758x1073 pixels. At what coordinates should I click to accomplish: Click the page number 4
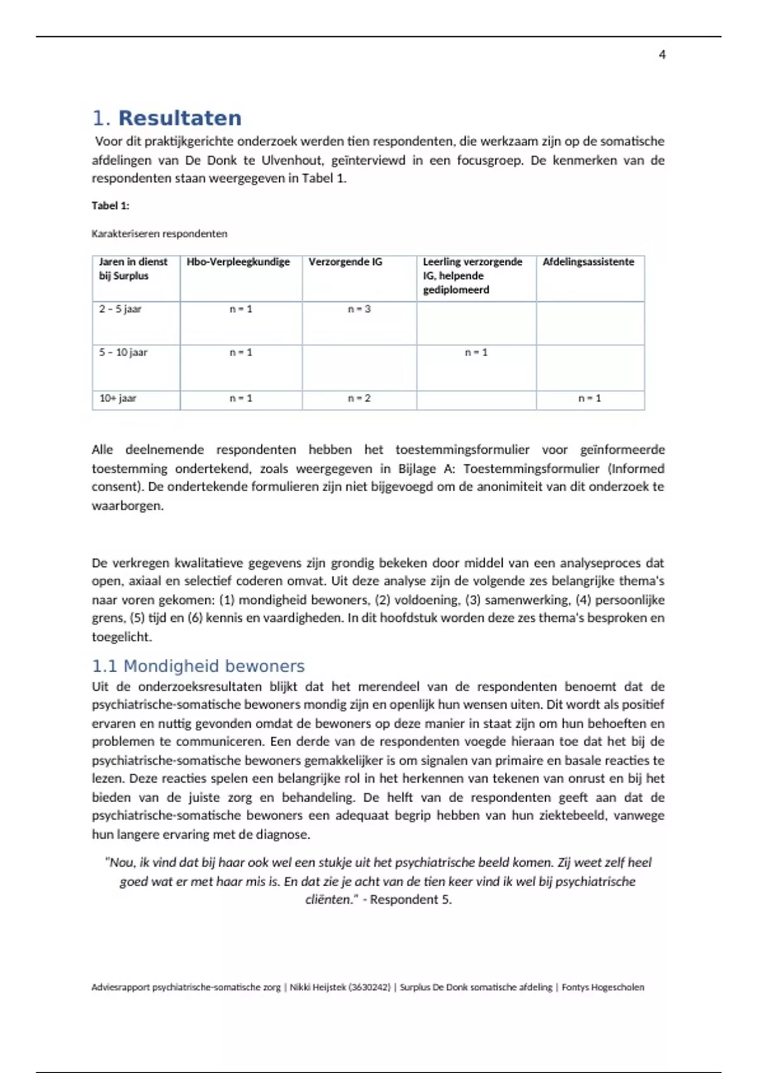pos(662,55)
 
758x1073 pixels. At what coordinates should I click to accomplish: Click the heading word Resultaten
pos(179,118)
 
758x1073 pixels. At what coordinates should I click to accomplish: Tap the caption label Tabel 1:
pos(111,205)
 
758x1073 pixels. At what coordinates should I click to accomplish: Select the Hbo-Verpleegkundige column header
pos(238,262)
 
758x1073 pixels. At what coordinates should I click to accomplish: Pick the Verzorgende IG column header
pos(346,262)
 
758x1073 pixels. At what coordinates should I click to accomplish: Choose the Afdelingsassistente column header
pos(588,262)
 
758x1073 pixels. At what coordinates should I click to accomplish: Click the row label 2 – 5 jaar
pos(120,309)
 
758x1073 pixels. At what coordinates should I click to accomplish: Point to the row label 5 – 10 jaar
pos(123,352)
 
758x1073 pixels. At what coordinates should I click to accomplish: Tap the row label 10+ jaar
pos(117,398)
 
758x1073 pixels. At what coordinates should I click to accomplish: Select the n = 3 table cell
pos(359,309)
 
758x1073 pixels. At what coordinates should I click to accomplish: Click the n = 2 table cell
pos(359,398)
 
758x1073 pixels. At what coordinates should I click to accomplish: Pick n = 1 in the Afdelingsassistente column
pos(590,398)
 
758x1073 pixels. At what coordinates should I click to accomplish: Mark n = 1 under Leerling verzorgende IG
pos(476,352)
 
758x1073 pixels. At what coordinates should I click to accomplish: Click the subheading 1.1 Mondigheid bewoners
pos(198,666)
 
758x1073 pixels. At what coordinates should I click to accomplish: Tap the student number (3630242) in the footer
pos(370,987)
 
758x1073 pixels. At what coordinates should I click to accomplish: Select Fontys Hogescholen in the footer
pos(603,987)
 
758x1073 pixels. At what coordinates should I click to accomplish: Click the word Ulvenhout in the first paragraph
pos(291,160)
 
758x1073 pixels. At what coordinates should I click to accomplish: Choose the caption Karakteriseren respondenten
pos(159,234)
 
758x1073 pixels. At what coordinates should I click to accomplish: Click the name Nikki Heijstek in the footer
pos(318,987)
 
